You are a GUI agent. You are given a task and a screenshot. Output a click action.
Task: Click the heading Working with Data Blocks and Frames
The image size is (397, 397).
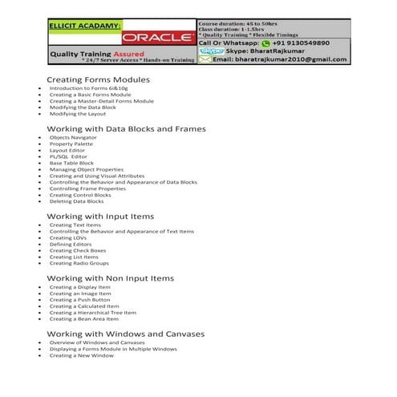pos(126,128)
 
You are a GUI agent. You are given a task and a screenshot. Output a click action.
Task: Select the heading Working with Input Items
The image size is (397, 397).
pos(100,217)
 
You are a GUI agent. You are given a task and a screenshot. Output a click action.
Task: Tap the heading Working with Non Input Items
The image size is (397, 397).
pos(110,277)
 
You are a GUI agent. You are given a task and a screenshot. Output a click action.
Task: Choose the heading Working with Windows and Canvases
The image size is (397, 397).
pos(126,333)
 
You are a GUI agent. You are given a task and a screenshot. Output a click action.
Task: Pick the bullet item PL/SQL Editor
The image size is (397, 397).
pos(68,156)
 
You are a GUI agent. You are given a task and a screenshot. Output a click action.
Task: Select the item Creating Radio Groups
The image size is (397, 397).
pos(79,263)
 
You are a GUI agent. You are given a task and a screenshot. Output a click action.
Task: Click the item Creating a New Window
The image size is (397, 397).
pos(81,355)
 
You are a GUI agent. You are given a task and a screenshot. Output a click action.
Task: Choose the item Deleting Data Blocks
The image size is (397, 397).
pos(76,201)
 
